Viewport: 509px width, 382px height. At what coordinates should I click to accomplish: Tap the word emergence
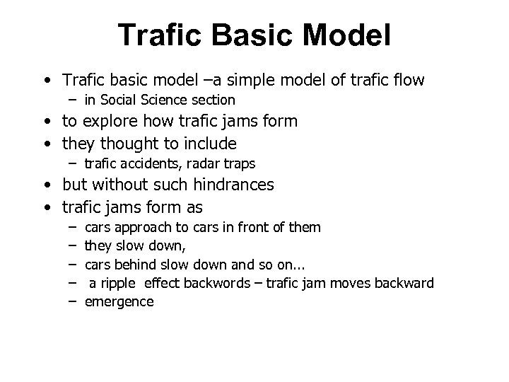click(119, 301)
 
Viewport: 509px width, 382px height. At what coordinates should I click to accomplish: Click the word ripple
click(122, 283)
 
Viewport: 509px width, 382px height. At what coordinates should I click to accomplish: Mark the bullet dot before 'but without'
click(45, 186)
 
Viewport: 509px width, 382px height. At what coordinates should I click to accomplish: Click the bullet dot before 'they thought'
click(45, 144)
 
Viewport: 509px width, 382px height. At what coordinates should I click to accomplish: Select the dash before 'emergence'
click(72, 301)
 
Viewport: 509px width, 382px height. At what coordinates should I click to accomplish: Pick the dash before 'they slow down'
click(72, 246)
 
